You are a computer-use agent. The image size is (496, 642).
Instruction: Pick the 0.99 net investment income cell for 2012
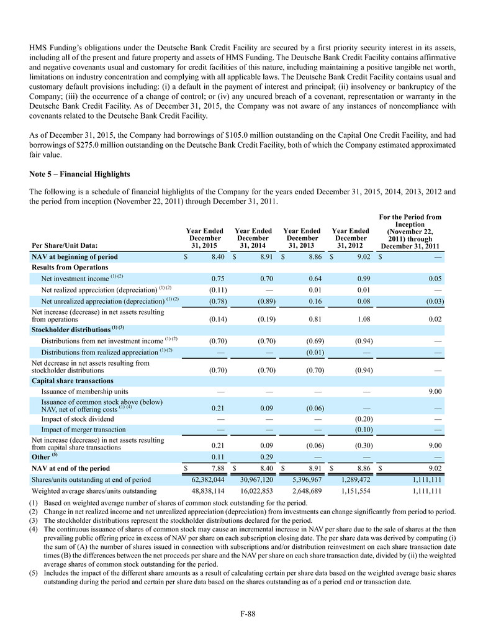(364, 279)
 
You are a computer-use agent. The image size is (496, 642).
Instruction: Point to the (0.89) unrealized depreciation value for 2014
(266, 301)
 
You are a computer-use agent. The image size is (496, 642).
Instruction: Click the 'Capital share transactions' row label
(72, 381)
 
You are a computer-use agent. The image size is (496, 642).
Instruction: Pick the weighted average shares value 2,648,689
(304, 491)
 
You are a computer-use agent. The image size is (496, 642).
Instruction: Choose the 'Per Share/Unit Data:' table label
(64, 245)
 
